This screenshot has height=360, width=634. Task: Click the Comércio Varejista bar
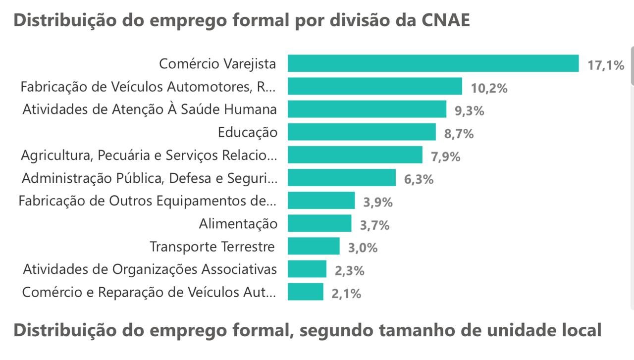point(433,63)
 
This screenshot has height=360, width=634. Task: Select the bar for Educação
point(362,132)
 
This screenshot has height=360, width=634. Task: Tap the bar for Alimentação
point(319,223)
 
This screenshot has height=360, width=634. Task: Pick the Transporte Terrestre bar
point(314,246)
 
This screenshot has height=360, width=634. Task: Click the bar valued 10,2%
point(375,86)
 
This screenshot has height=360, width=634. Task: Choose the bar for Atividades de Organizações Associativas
point(307,269)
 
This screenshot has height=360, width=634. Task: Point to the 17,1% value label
point(606,65)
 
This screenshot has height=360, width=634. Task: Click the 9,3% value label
point(469,111)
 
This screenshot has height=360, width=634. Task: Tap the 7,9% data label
point(446,157)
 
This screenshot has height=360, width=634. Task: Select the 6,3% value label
point(419,180)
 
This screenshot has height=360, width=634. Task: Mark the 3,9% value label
point(378,203)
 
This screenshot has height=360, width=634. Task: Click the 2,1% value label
point(346,294)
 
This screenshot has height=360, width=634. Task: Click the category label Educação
point(248,132)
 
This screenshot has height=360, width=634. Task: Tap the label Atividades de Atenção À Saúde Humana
point(150,109)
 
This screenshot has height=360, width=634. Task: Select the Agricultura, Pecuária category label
point(149,155)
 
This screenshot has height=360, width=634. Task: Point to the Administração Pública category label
point(149,178)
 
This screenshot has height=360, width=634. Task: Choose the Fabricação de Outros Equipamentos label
point(147,201)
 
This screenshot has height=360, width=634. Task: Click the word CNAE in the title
point(445,20)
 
